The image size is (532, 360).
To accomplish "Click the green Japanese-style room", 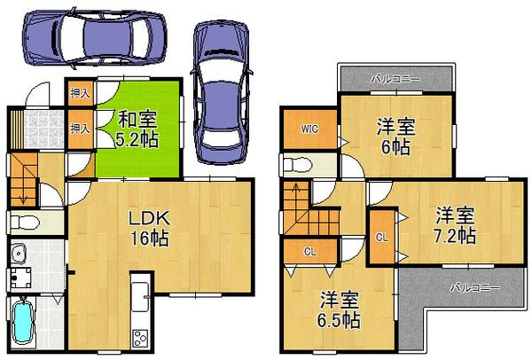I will [137, 129].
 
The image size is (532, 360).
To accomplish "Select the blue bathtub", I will [24, 321].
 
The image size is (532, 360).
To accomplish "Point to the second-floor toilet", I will [297, 165].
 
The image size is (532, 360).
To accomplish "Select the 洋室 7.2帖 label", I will [453, 225].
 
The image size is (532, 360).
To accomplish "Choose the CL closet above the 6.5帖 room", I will [309, 251].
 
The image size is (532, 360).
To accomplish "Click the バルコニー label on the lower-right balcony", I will [473, 287].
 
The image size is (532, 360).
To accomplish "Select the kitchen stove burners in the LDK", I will [140, 338].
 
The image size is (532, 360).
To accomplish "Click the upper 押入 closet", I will [79, 91].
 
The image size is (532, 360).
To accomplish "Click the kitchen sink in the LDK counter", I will [140, 292].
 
